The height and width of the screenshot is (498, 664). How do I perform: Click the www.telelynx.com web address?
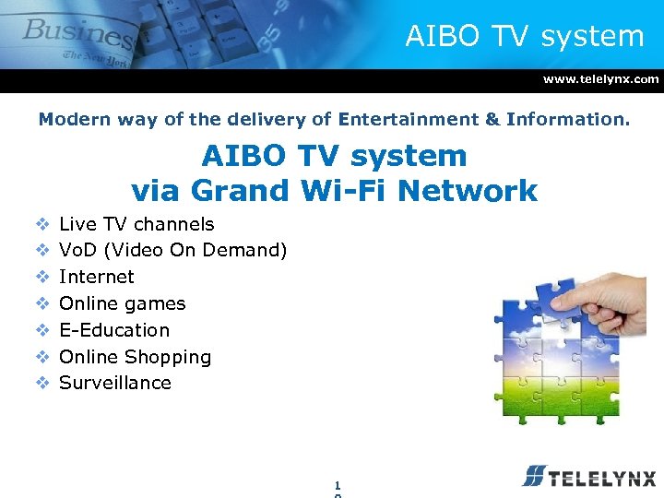pyautogui.click(x=600, y=79)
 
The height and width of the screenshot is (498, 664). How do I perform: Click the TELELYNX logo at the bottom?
pyautogui.click(x=588, y=477)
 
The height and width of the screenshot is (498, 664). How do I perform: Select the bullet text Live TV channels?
pyautogui.click(x=136, y=224)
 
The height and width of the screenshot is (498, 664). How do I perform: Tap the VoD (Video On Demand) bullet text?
pyautogui.click(x=172, y=250)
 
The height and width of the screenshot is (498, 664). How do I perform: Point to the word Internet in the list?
pyautogui.click(x=96, y=277)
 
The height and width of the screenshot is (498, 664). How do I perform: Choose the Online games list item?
pyautogui.click(x=122, y=303)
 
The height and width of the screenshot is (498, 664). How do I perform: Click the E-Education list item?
pyautogui.click(x=114, y=330)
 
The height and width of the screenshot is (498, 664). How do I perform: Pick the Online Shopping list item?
pyautogui.click(x=135, y=357)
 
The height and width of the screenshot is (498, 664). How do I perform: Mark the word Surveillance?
pyautogui.click(x=114, y=383)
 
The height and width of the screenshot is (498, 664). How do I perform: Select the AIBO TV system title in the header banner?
pyautogui.click(x=524, y=36)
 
